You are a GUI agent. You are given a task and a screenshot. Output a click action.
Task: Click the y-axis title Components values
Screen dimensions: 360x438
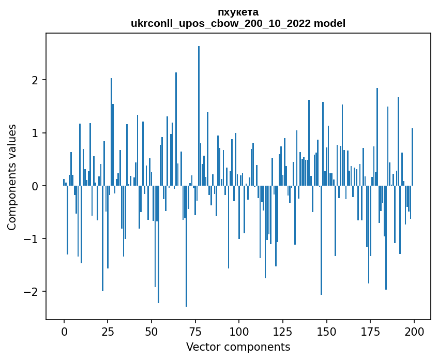(x=12, y=177)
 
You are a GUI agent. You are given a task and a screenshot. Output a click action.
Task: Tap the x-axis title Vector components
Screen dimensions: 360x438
(x=238, y=347)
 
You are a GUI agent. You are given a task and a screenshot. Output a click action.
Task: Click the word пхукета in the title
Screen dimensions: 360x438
(x=238, y=12)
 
